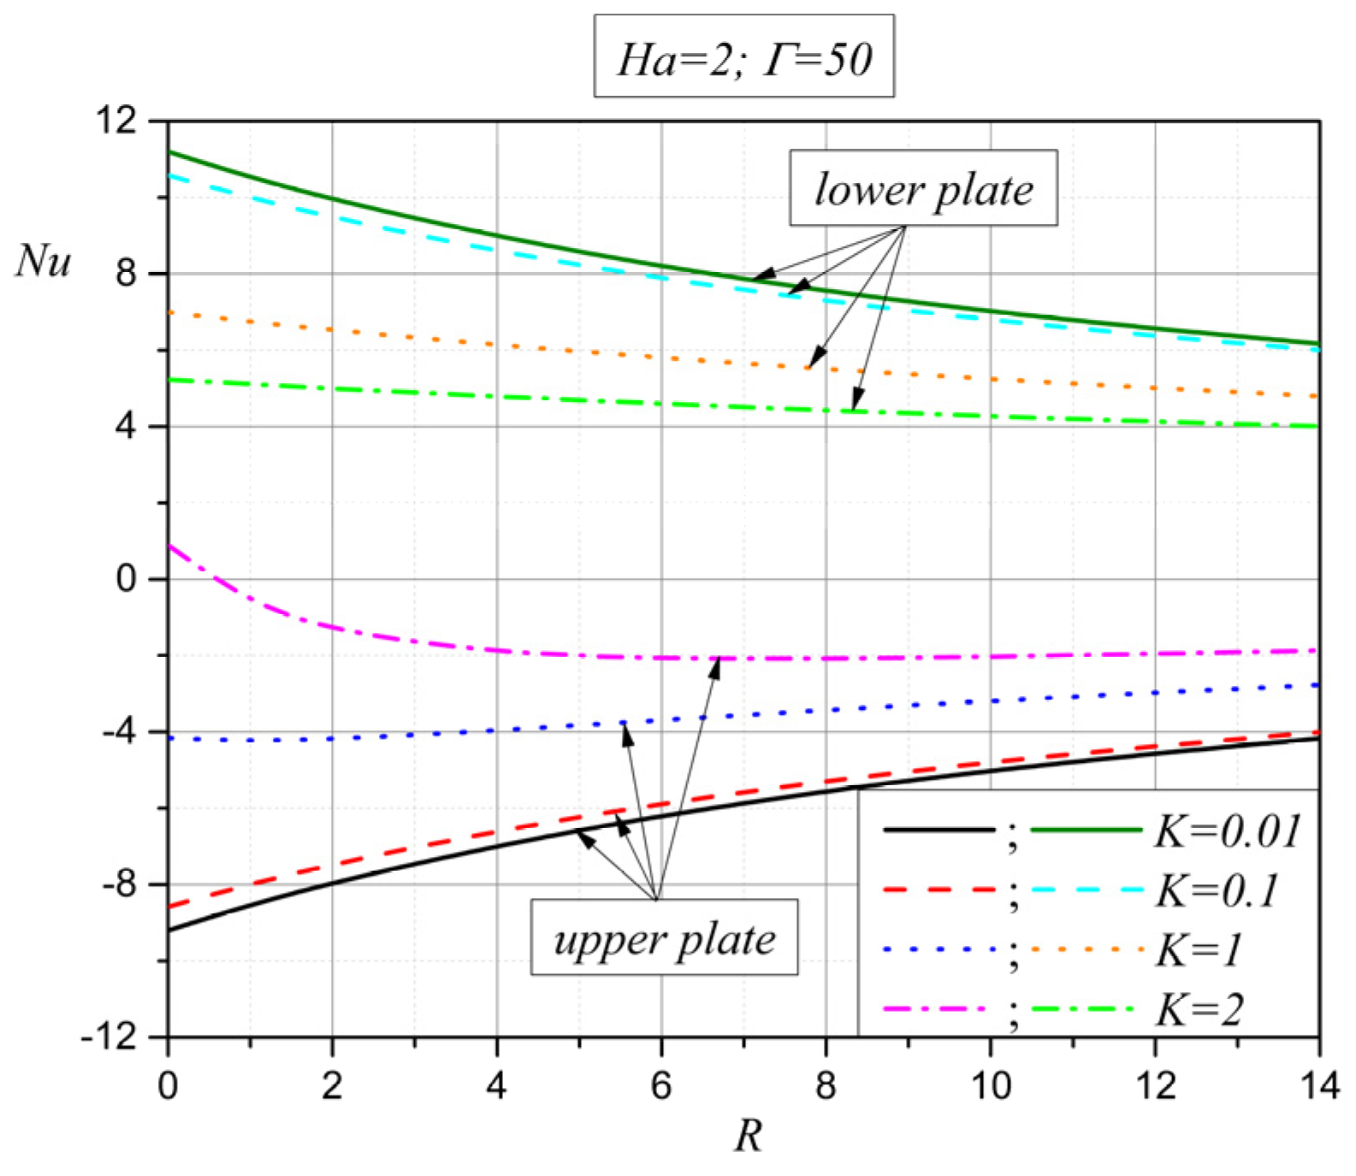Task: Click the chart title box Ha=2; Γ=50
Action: tap(743, 56)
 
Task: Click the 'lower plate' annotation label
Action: tap(922, 188)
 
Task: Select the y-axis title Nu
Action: tap(44, 260)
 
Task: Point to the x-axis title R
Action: tap(747, 1135)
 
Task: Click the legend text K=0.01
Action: tap(1227, 830)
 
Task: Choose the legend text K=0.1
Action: tap(1216, 889)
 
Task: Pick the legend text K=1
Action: tap(1198, 949)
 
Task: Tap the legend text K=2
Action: tap(1199, 1009)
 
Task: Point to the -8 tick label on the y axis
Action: tap(119, 883)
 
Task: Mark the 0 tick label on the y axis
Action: tap(127, 579)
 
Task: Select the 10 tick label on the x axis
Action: tap(990, 1085)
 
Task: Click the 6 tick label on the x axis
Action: tap(660, 1085)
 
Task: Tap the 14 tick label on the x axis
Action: tap(1318, 1085)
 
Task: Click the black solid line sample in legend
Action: tap(939, 830)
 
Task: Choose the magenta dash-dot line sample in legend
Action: tap(939, 1009)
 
